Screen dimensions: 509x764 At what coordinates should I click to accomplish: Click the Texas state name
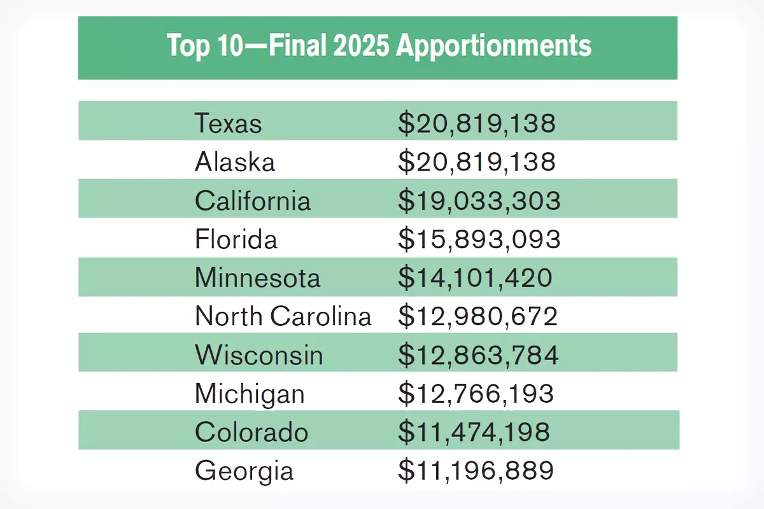228,123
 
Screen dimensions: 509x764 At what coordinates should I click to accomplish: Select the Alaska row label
235,162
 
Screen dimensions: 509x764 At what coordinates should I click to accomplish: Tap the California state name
253,200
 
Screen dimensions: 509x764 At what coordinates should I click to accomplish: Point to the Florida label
236,239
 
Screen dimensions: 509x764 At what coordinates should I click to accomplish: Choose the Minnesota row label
258,278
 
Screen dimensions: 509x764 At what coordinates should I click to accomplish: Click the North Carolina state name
283,316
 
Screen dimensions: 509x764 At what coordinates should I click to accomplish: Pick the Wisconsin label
259,355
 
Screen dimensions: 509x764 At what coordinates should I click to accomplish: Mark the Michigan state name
250,394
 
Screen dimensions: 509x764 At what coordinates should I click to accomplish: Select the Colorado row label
251,433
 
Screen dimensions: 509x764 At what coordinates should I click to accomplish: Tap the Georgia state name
244,471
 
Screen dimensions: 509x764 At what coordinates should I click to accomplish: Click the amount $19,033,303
479,200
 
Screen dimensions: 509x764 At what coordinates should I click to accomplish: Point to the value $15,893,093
479,239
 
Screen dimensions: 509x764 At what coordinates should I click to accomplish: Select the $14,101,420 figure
475,278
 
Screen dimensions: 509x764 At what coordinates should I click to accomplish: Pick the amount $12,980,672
478,316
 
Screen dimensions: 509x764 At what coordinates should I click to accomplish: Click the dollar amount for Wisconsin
478,355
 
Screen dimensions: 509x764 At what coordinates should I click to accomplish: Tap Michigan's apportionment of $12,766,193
476,394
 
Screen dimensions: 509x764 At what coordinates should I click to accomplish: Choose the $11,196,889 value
476,471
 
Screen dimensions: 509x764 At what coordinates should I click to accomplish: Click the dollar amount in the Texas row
476,123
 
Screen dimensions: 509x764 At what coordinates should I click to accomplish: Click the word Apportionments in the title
493,46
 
